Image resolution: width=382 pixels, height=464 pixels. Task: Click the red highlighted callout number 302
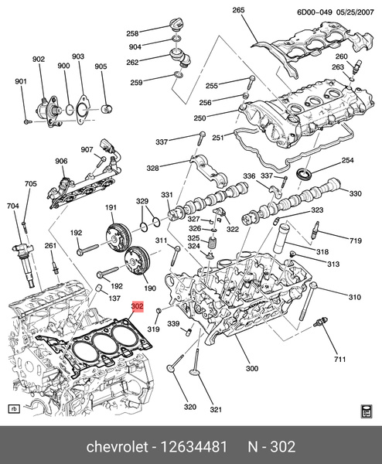(x=138, y=306)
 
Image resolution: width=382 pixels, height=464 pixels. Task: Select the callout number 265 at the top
(x=238, y=10)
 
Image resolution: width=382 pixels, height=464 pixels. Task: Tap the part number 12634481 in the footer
(x=191, y=449)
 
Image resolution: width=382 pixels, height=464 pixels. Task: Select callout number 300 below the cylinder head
(x=252, y=368)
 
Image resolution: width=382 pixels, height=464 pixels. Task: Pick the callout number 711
(x=339, y=360)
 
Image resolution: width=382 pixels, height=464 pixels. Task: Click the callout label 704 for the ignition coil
(x=13, y=206)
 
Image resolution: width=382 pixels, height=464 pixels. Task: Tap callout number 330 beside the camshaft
(x=356, y=193)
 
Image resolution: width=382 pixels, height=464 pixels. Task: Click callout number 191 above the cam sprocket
(x=111, y=207)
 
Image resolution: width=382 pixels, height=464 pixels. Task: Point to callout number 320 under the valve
(x=189, y=407)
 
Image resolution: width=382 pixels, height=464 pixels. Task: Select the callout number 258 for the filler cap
(x=132, y=34)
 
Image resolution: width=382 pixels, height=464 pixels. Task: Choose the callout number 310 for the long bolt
(x=355, y=298)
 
